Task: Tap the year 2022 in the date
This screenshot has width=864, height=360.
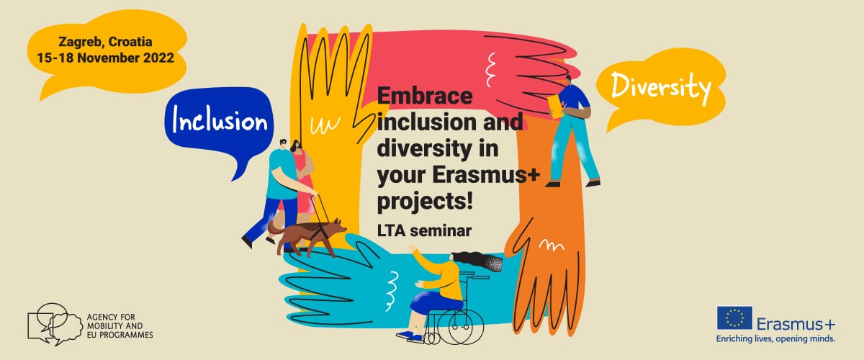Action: point(158,58)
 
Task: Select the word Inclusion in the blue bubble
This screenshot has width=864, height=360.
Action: point(220,120)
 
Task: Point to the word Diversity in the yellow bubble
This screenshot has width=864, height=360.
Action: point(661,87)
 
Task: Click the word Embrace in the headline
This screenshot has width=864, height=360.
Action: point(425,96)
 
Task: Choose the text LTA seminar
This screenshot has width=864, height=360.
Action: point(424,230)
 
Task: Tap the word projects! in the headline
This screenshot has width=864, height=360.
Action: point(425,202)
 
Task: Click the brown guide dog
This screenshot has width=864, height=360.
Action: point(307,236)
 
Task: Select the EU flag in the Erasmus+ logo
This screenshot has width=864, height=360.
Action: point(734,318)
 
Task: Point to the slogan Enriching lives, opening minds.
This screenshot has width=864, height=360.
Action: point(775,339)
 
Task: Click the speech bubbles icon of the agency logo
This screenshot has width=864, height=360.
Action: point(55,324)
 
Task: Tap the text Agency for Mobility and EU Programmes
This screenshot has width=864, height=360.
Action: point(120,326)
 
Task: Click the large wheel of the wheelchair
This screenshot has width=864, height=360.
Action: point(467,326)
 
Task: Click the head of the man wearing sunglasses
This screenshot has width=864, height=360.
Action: point(284,145)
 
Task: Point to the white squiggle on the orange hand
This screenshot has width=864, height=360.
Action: point(552,245)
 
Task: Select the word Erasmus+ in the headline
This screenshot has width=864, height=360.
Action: point(485,175)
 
